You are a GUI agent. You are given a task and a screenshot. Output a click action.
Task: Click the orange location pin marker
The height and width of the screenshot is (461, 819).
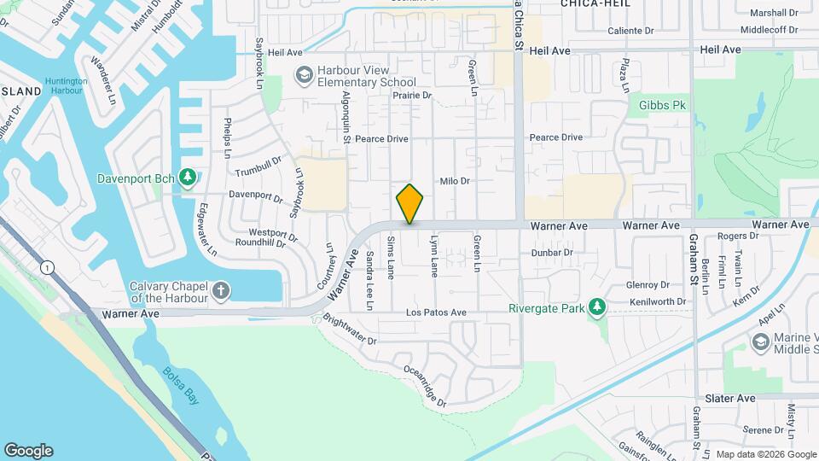409,203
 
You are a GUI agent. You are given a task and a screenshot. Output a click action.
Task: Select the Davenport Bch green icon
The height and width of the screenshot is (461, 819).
189,178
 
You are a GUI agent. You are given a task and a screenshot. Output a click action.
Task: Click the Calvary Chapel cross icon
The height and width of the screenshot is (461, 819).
221,292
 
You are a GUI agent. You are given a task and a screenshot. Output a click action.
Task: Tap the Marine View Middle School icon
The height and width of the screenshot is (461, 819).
760,342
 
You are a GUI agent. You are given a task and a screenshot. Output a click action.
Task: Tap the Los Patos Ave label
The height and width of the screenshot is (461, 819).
436,312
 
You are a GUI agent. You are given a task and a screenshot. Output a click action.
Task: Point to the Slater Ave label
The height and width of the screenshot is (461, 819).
730,399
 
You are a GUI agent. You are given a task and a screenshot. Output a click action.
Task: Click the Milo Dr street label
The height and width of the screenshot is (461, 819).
455,181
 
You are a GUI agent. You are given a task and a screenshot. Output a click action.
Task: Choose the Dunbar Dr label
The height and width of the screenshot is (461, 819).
550,253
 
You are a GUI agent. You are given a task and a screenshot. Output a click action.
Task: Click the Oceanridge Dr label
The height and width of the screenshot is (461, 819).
423,386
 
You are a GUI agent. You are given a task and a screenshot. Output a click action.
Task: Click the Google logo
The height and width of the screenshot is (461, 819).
28,451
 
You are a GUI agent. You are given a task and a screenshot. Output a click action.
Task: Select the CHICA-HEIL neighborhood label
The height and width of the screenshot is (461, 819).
595,4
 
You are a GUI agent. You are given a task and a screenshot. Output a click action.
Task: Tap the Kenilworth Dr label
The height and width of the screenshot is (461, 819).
658,302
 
